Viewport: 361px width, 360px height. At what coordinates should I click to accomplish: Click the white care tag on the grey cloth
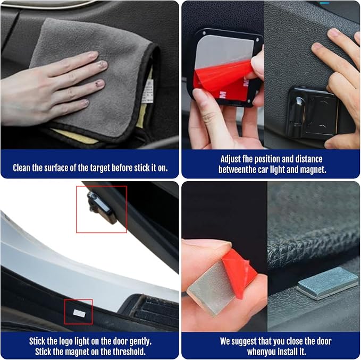148,91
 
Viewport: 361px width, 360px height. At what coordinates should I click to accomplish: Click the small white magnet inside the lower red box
79,313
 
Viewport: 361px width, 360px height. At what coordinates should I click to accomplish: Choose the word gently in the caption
140,341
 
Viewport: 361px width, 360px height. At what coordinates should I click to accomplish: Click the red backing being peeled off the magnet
239,273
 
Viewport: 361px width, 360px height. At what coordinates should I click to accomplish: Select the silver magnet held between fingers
211,289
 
